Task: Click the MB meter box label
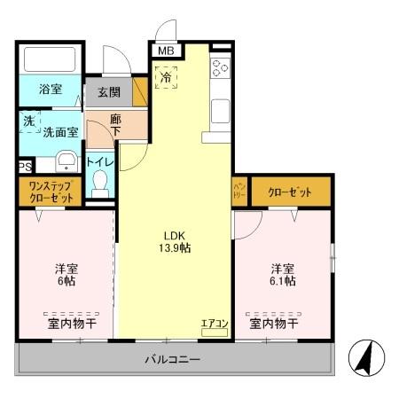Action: pos(166,51)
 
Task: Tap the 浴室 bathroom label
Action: pos(51,90)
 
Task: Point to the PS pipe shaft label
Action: pos(24,166)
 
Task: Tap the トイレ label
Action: pos(100,162)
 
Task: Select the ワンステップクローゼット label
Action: pos(51,192)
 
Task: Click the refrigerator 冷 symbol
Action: pos(166,77)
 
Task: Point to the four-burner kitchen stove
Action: pos(221,68)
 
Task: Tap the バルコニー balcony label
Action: pos(173,360)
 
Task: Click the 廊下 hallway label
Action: pos(115,126)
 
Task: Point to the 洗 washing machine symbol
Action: pos(29,122)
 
